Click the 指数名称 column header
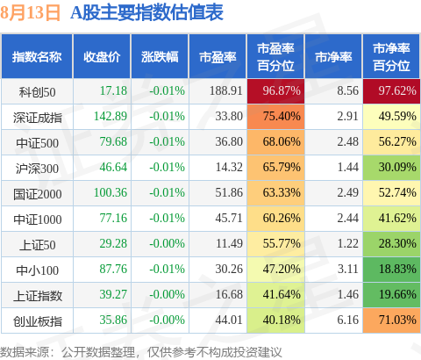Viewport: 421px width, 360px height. pos(37,57)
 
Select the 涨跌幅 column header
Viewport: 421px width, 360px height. pos(160,57)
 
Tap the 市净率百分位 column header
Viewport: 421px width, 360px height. pos(391,57)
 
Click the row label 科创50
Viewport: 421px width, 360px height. pos(37,92)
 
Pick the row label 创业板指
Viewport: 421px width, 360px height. pos(38,321)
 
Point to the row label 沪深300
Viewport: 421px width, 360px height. pos(37,169)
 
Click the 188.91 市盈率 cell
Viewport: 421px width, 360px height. pos(226,90)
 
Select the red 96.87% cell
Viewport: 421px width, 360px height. pos(275,91)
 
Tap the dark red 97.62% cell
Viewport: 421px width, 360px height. pos(391,91)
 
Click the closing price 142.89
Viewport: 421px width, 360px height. pos(111,116)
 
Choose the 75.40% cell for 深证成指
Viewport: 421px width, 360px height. pos(275,117)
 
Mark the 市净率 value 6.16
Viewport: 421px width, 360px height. pos(348,320)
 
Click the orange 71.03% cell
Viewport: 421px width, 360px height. pos(391,320)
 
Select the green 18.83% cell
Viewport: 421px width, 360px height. pos(391,269)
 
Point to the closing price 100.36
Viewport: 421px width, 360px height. pos(111,192)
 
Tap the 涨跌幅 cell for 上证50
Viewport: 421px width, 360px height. pos(167,243)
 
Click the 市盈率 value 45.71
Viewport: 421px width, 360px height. pos(229,218)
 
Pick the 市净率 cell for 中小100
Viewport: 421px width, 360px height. pos(348,269)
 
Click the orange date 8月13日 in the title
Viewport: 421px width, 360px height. pos(30,12)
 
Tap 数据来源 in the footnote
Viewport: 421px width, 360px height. pos(25,352)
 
